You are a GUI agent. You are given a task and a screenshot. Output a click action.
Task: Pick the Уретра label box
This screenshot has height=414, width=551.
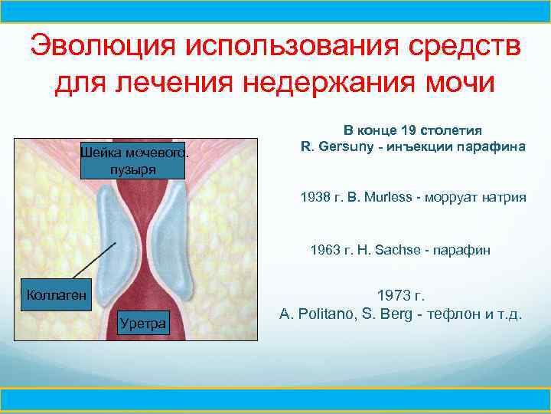[x=142, y=324]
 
